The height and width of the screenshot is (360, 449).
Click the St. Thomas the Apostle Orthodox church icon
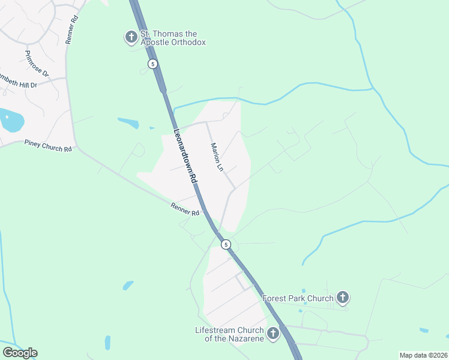click(131, 37)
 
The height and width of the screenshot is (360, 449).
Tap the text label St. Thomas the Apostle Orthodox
click(173, 38)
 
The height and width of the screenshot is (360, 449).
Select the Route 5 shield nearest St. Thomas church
click(153, 64)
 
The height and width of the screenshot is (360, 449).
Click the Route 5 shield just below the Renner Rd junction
click(226, 244)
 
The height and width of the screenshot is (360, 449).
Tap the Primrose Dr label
click(37, 62)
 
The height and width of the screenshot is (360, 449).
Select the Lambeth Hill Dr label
click(18, 82)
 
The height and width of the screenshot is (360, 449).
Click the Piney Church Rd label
click(48, 145)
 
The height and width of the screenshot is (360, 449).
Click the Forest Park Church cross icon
click(342, 297)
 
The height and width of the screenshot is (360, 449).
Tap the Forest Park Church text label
click(298, 298)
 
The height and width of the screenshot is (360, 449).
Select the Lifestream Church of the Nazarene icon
click(273, 333)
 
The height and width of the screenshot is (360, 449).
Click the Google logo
click(20, 353)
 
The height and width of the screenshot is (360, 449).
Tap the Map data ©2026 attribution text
click(423, 355)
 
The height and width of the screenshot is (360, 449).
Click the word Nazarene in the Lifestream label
click(246, 339)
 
